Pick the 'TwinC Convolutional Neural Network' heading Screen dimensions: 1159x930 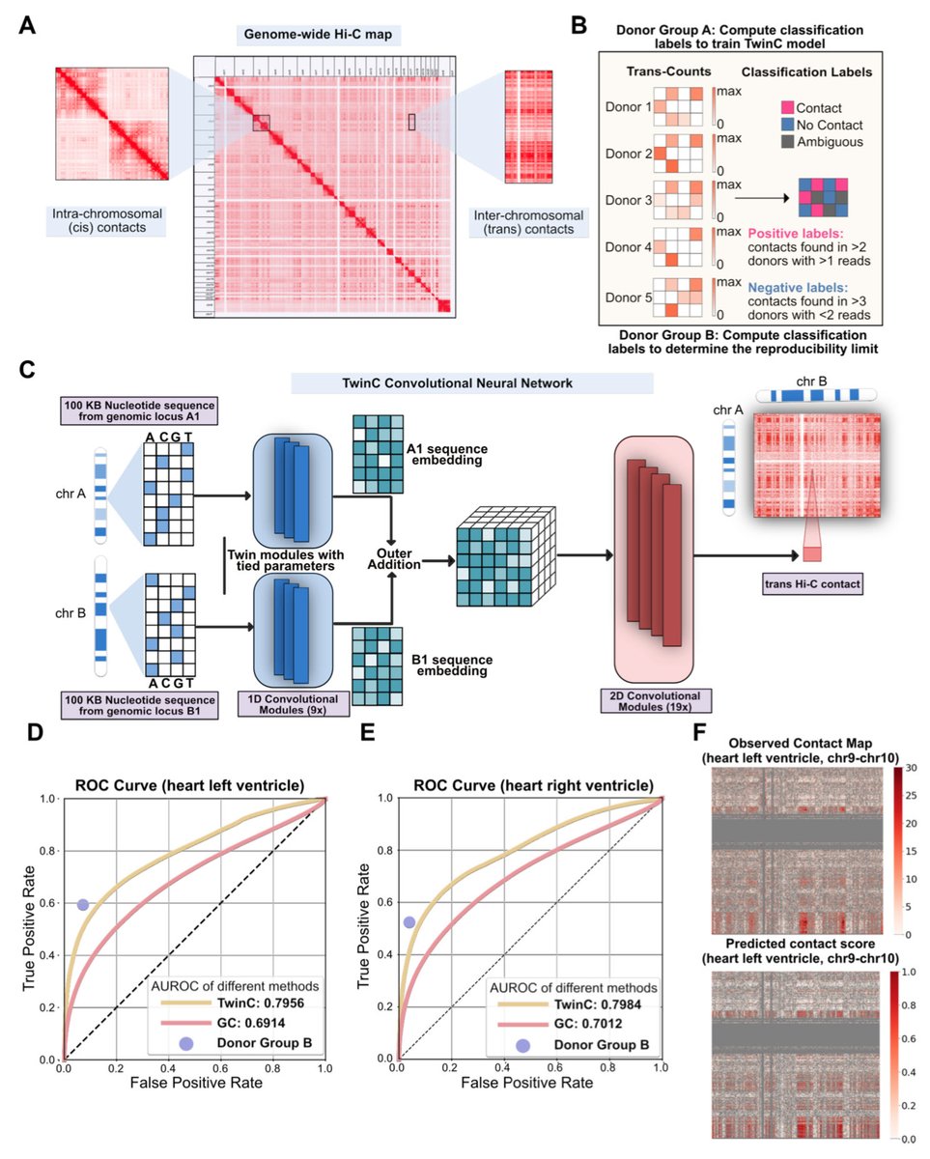[x=471, y=382]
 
